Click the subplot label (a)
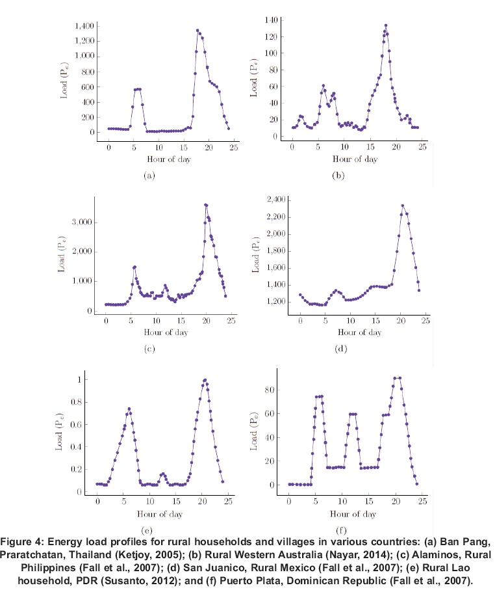(x=149, y=176)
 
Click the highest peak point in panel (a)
(x=197, y=30)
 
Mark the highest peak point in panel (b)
(x=386, y=26)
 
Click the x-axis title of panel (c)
(x=149, y=333)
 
